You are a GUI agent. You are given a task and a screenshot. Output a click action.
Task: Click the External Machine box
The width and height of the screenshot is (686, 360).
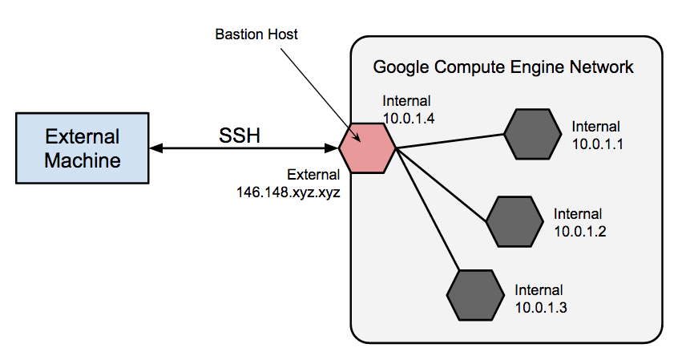point(83,148)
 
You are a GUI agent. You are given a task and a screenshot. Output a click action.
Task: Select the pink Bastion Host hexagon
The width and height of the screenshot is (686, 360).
point(367,148)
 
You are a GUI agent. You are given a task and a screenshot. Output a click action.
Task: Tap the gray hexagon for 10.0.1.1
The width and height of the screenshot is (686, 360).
point(531,134)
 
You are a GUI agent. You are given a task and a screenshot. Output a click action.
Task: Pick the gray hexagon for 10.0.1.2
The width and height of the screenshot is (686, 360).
point(514,221)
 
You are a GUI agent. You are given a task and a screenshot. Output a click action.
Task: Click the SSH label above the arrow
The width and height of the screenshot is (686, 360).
point(240,136)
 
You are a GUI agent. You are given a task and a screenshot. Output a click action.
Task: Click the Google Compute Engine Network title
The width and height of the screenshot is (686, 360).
point(503,67)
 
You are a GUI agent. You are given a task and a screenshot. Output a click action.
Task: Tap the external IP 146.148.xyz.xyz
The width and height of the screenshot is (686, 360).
point(289,192)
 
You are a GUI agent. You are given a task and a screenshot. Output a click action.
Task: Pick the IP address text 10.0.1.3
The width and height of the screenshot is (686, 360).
point(540,305)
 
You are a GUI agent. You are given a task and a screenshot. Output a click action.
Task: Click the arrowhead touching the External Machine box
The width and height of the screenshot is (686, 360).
point(155,148)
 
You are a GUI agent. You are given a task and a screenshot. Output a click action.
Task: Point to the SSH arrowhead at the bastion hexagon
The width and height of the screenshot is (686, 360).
point(332,148)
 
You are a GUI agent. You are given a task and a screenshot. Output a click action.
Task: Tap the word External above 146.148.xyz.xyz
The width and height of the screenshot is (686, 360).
point(313,176)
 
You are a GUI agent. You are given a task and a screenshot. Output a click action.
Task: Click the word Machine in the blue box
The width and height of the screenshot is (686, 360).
point(83,160)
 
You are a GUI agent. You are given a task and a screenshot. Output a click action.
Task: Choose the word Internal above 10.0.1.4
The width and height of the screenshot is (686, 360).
point(407,101)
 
